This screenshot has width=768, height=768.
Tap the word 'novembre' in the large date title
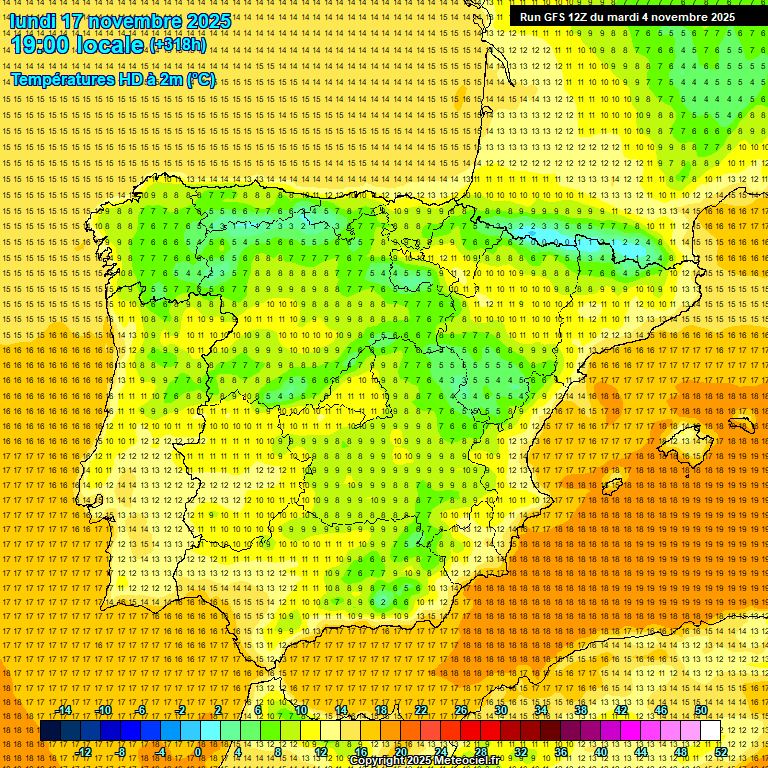click(x=135, y=21)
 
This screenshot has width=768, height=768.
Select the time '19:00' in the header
click(x=41, y=45)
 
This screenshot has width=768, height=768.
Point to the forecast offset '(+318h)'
click(x=177, y=45)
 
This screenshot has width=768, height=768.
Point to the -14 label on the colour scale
click(x=64, y=710)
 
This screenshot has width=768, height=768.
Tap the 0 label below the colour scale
click(x=198, y=752)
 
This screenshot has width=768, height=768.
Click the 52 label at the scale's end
click(x=721, y=752)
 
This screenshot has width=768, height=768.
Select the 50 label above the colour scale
click(x=701, y=710)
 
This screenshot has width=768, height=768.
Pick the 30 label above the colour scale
click(x=500, y=710)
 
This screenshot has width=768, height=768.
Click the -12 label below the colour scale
click(x=84, y=752)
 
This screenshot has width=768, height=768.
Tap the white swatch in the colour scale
click(x=710, y=731)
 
